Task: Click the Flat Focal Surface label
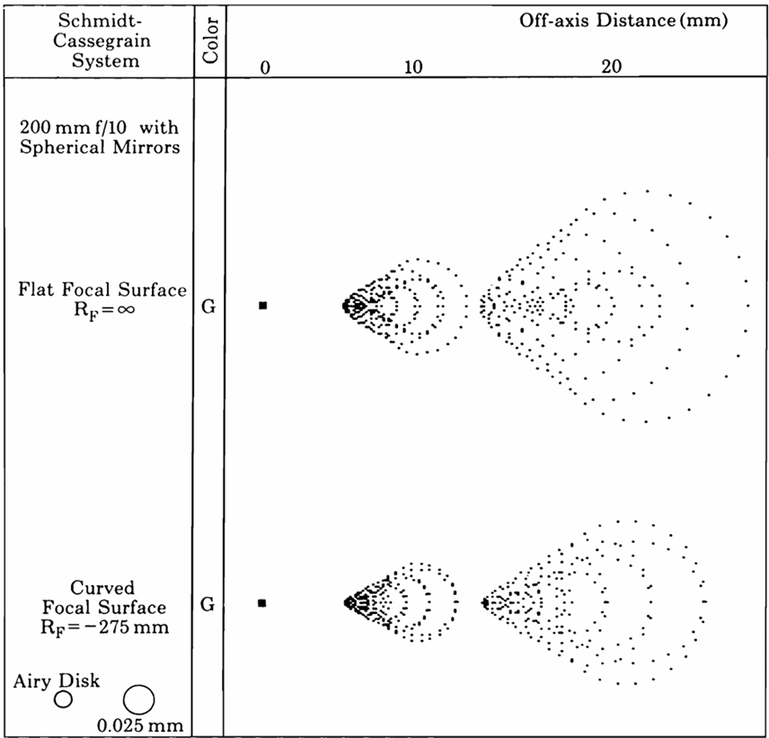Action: pos(102,289)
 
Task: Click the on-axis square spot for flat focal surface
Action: pos(263,306)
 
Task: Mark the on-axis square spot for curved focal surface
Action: pos(262,603)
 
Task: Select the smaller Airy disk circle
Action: pos(63,698)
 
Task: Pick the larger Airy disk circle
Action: pos(139,698)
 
